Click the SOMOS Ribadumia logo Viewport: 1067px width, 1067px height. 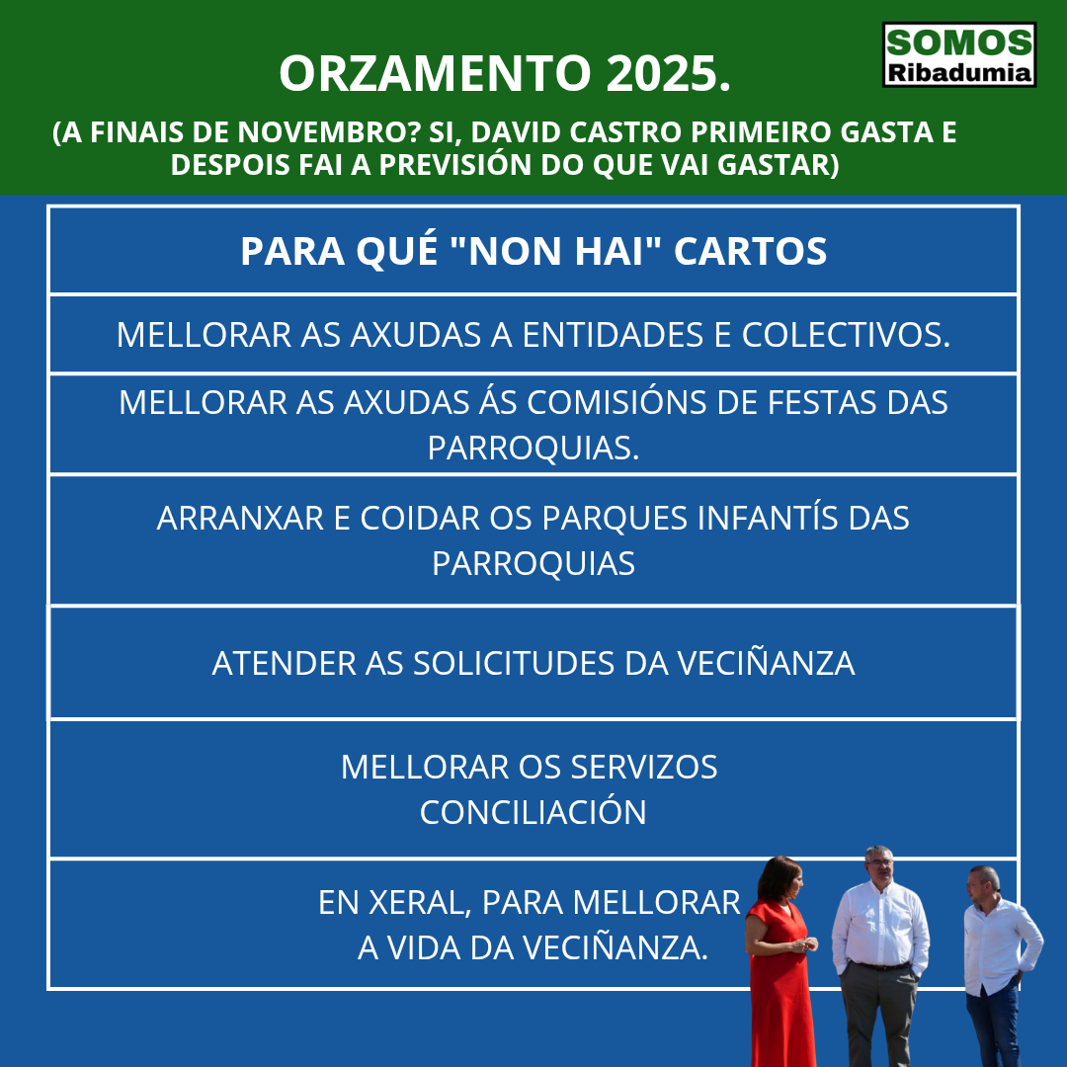pyautogui.click(x=958, y=54)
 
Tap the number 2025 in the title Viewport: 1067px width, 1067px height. pyautogui.click(x=668, y=73)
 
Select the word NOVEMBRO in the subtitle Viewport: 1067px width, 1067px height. pyautogui.click(x=327, y=132)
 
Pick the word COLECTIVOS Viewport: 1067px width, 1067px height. pyautogui.click(x=846, y=335)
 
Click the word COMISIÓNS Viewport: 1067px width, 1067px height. pyautogui.click(x=616, y=401)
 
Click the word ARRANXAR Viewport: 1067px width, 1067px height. pyautogui.click(x=240, y=518)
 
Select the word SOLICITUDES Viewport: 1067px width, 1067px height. pyautogui.click(x=514, y=664)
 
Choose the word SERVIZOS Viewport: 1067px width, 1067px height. pyautogui.click(x=644, y=767)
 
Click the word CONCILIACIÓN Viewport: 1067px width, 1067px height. pyautogui.click(x=533, y=812)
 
